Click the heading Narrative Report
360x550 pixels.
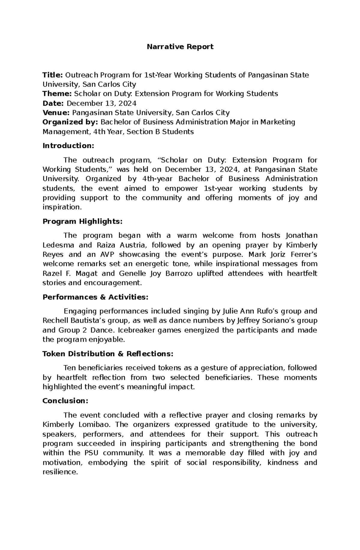coord(180,47)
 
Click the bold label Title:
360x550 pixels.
coord(53,75)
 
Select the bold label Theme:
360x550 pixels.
coord(57,94)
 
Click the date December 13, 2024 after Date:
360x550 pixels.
coord(101,103)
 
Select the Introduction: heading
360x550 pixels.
coord(68,146)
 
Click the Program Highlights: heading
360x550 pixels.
coord(82,221)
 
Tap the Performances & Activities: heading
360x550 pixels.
coord(95,297)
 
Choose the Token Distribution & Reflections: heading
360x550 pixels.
coord(108,354)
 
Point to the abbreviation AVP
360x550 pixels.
coord(105,255)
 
